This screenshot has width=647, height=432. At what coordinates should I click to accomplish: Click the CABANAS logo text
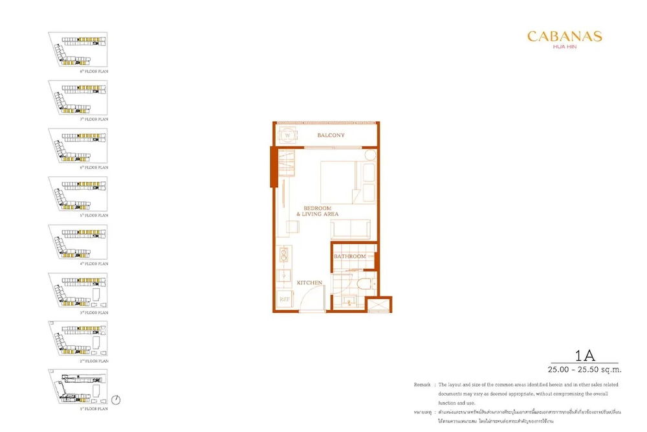564,37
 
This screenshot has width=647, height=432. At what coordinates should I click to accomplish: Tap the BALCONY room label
331,135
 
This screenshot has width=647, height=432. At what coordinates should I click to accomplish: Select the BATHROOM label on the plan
349,256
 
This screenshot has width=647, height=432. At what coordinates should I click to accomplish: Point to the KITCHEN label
309,283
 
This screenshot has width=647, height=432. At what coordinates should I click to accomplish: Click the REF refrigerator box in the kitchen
283,300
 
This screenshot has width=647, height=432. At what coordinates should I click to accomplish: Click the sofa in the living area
350,229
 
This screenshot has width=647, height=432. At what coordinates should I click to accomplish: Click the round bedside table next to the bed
369,155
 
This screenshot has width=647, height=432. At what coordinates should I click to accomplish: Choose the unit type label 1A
584,355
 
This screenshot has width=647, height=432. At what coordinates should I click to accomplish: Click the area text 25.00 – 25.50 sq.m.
584,370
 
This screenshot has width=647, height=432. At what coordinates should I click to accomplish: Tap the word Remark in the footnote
423,385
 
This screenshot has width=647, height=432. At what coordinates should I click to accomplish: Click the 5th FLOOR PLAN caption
94,215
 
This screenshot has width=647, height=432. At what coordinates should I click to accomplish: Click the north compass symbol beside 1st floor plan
116,400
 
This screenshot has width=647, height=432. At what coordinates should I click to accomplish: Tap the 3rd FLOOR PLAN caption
94,312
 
